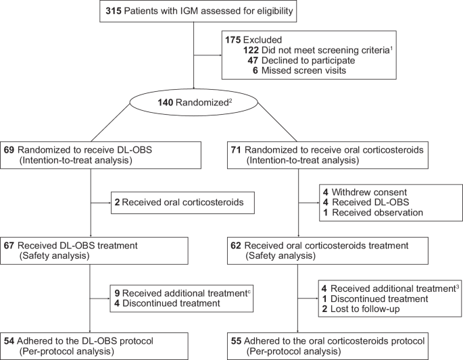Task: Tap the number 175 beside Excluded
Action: pyautogui.click(x=234, y=39)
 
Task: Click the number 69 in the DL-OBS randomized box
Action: pyautogui.click(x=9, y=149)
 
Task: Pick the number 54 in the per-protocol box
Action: pyautogui.click(x=9, y=340)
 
